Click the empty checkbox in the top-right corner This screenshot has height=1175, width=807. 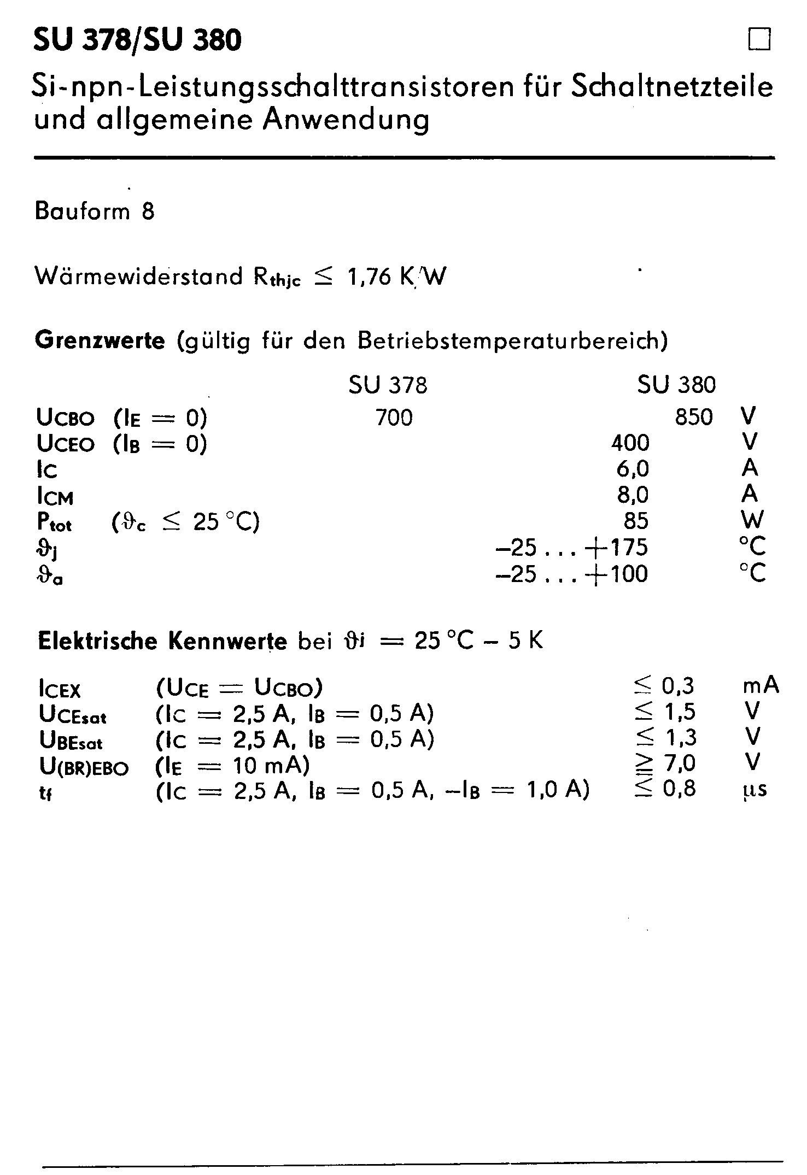click(x=759, y=40)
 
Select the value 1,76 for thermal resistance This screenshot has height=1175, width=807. click(x=369, y=278)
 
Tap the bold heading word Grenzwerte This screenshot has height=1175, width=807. click(x=100, y=341)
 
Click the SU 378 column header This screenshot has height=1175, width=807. click(x=388, y=385)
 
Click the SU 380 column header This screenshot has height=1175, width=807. click(x=676, y=385)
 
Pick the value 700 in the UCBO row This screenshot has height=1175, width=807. click(x=394, y=418)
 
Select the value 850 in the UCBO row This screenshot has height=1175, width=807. click(x=694, y=418)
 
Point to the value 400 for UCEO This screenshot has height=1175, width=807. click(x=630, y=443)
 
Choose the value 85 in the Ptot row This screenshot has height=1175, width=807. click(x=636, y=521)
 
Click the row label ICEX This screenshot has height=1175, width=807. click(x=60, y=690)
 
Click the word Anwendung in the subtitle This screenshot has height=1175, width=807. click(x=346, y=120)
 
